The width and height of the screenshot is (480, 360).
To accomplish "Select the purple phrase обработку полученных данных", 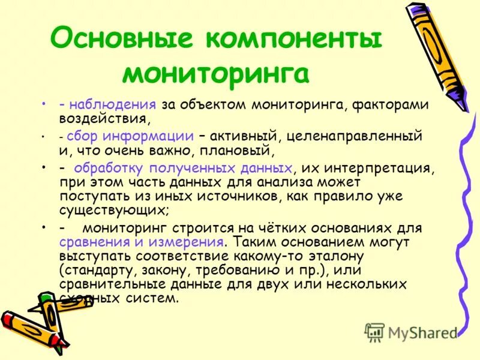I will click(183, 168).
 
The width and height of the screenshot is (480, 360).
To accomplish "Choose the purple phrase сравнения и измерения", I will click(142, 242).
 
